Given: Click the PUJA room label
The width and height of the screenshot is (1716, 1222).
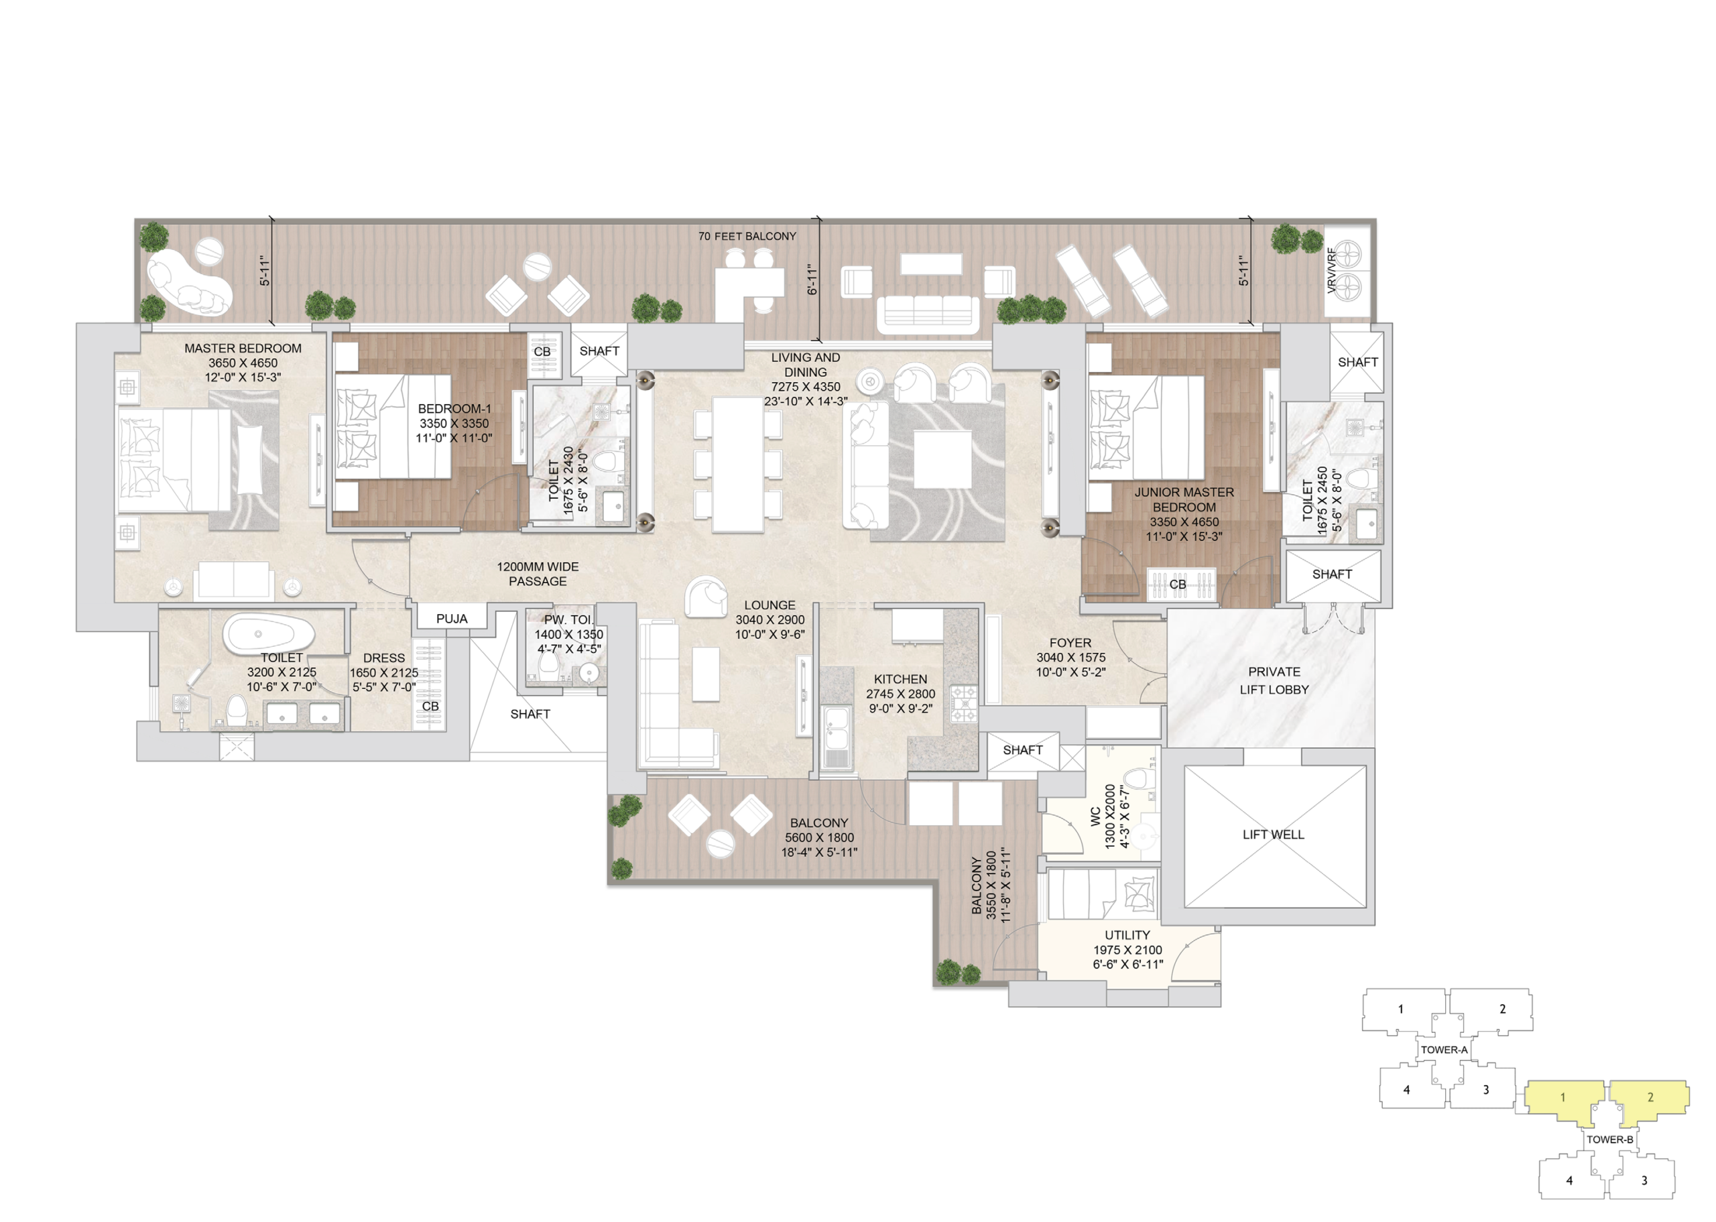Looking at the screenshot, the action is point(451,619).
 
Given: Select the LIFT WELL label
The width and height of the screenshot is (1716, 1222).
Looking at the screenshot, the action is point(1273,835).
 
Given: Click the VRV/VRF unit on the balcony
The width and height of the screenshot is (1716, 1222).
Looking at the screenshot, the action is point(1347,271).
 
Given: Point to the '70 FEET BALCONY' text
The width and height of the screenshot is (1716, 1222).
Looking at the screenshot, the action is point(746,236).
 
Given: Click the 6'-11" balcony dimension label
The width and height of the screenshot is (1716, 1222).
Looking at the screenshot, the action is point(812,279).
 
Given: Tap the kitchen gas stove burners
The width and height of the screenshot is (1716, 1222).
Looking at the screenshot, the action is point(963,704).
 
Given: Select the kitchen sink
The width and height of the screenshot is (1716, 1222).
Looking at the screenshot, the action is point(837,737).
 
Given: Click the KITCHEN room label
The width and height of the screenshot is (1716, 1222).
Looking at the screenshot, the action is point(900,679).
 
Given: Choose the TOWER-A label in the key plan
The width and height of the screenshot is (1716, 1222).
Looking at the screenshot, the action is point(1443,1050).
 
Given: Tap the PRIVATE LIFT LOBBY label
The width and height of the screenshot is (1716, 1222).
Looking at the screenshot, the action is point(1274,680).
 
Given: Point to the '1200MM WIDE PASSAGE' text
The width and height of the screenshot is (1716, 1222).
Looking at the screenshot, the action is point(537,574).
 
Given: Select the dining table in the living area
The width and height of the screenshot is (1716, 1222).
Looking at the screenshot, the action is point(738,465).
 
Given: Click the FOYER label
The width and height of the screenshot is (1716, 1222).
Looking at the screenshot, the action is point(1070,643).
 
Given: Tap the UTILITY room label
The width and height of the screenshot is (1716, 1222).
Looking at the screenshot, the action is point(1127,934).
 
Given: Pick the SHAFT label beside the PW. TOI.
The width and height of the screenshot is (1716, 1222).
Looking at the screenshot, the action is point(530,714).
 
